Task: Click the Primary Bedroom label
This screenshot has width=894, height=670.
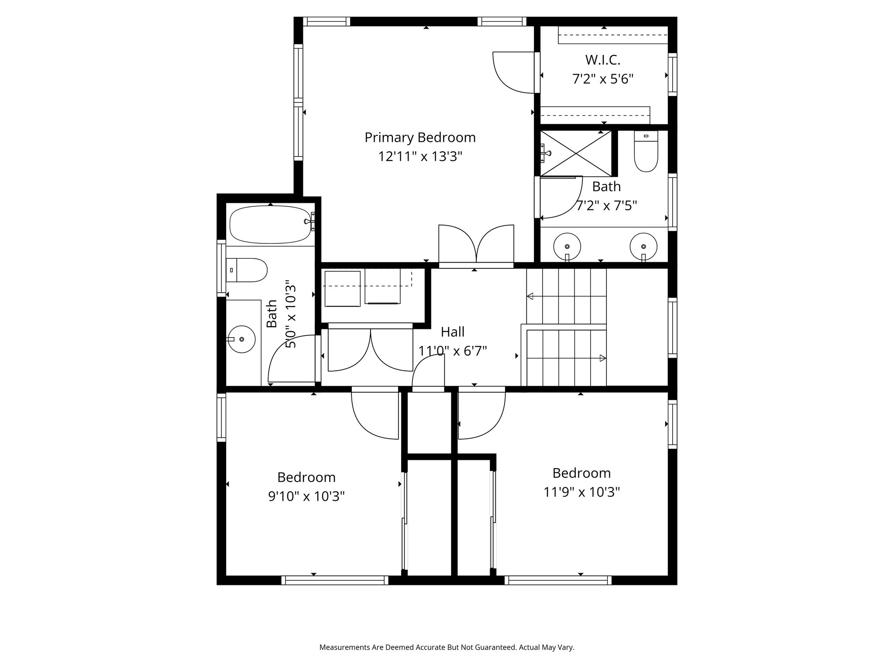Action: click(420, 138)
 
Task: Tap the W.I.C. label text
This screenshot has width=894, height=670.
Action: click(603, 59)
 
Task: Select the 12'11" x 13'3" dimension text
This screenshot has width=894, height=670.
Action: click(420, 157)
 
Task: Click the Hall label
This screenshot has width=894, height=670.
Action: click(453, 332)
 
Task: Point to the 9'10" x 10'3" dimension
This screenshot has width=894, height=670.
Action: click(306, 496)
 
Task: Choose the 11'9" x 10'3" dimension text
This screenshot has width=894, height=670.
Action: click(581, 492)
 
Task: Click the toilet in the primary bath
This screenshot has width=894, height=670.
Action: click(646, 151)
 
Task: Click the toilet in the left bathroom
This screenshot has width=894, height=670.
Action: click(246, 270)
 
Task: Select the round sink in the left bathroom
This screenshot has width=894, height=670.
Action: click(241, 339)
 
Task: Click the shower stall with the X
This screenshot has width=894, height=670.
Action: click(576, 153)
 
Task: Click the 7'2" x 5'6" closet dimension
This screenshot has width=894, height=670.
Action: click(603, 79)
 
